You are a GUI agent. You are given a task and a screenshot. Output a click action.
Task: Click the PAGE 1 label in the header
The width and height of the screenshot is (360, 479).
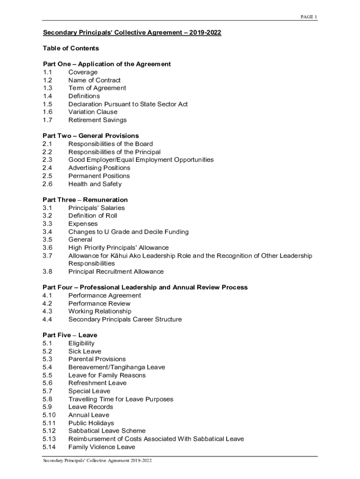(x=309, y=17)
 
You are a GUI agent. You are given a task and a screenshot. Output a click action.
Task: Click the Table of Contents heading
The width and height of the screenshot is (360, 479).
(x=71, y=48)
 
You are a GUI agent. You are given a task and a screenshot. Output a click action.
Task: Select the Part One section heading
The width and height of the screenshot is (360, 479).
(x=107, y=64)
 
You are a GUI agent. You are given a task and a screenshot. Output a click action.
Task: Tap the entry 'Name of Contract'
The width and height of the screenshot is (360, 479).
(x=94, y=80)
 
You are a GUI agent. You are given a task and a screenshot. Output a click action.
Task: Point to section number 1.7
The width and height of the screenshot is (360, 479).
(x=47, y=120)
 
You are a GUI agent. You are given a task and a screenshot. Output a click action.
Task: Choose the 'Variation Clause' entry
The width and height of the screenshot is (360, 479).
(x=93, y=112)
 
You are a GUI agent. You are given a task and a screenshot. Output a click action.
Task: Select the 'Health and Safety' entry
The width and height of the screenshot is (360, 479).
(x=94, y=184)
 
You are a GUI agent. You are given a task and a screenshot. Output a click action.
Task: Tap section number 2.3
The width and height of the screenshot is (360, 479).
(x=47, y=160)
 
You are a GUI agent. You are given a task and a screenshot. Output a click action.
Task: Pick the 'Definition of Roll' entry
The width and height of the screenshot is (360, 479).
(x=93, y=216)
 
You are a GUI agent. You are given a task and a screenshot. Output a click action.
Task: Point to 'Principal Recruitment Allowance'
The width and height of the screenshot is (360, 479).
(x=116, y=271)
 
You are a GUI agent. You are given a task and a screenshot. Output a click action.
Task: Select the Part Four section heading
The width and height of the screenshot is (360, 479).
(x=145, y=287)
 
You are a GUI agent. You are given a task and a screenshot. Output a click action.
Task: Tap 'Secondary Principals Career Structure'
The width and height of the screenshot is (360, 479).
(x=125, y=319)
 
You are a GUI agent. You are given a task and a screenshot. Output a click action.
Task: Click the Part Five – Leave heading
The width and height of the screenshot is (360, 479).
(x=70, y=335)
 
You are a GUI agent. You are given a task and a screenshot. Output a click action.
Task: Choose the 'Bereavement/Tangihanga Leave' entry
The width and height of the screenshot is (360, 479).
(x=116, y=367)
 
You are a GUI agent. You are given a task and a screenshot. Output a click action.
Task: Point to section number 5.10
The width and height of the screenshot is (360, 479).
(x=49, y=415)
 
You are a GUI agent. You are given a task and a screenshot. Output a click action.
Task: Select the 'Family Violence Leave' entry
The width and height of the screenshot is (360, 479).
(x=101, y=447)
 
